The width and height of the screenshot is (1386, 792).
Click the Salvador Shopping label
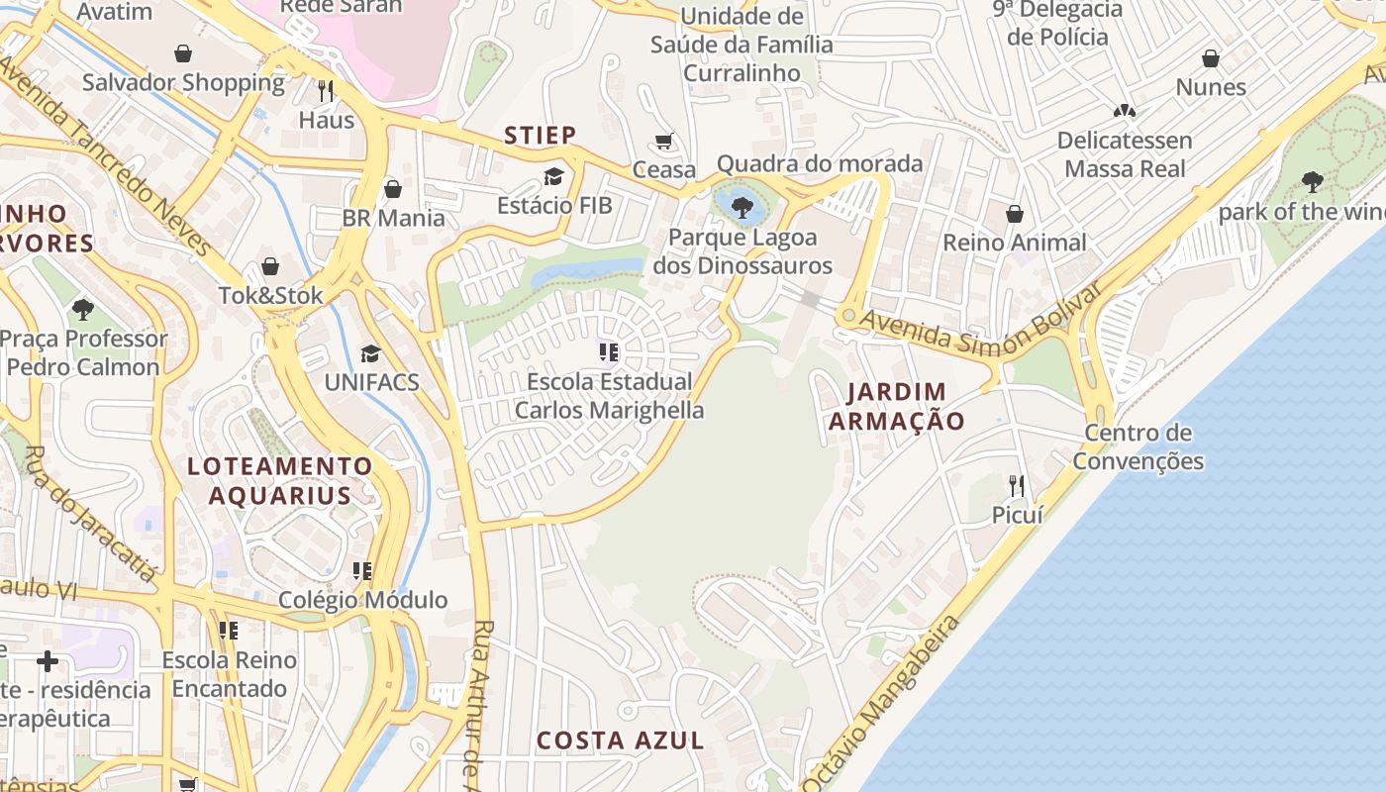(x=183, y=82)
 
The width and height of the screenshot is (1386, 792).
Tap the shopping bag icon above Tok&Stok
(x=270, y=266)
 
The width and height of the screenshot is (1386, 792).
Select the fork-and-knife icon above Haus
(x=326, y=91)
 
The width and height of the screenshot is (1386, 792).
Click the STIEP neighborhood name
(x=541, y=136)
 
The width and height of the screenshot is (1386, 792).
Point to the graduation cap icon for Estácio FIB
(x=553, y=176)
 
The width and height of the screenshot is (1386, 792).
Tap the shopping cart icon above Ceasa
(x=664, y=142)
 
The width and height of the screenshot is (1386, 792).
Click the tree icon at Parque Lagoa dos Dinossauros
(x=742, y=207)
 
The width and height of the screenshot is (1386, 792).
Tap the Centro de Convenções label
(x=1138, y=447)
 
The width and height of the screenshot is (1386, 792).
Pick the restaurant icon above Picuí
(x=1017, y=485)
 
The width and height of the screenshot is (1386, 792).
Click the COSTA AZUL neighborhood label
(x=621, y=740)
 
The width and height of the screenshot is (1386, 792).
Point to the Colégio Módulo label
(x=362, y=600)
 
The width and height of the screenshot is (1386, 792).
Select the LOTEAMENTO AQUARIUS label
(x=280, y=480)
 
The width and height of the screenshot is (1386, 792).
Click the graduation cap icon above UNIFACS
(x=370, y=353)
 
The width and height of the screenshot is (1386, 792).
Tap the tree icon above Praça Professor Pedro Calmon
(x=83, y=309)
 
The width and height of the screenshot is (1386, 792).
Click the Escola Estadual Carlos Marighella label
(x=610, y=396)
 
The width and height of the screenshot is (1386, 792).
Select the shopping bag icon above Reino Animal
(x=1015, y=214)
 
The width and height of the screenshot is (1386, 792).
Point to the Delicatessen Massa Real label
(x=1125, y=154)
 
